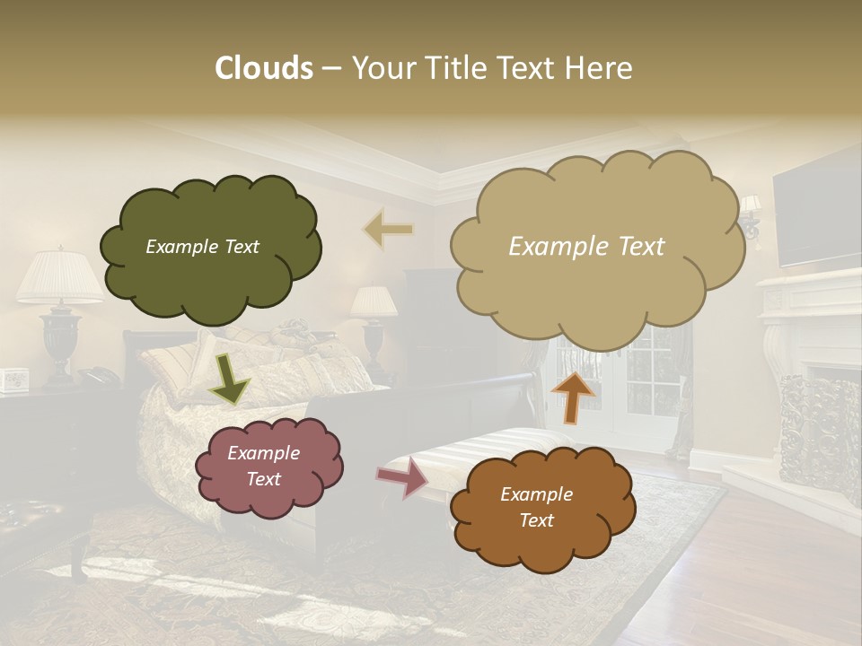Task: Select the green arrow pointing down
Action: click(229, 378)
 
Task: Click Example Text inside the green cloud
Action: click(202, 247)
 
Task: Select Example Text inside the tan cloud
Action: click(586, 247)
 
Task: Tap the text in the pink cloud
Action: click(263, 466)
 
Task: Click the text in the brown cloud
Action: click(536, 507)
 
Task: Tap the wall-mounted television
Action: click(816, 217)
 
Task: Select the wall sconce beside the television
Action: click(750, 216)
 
